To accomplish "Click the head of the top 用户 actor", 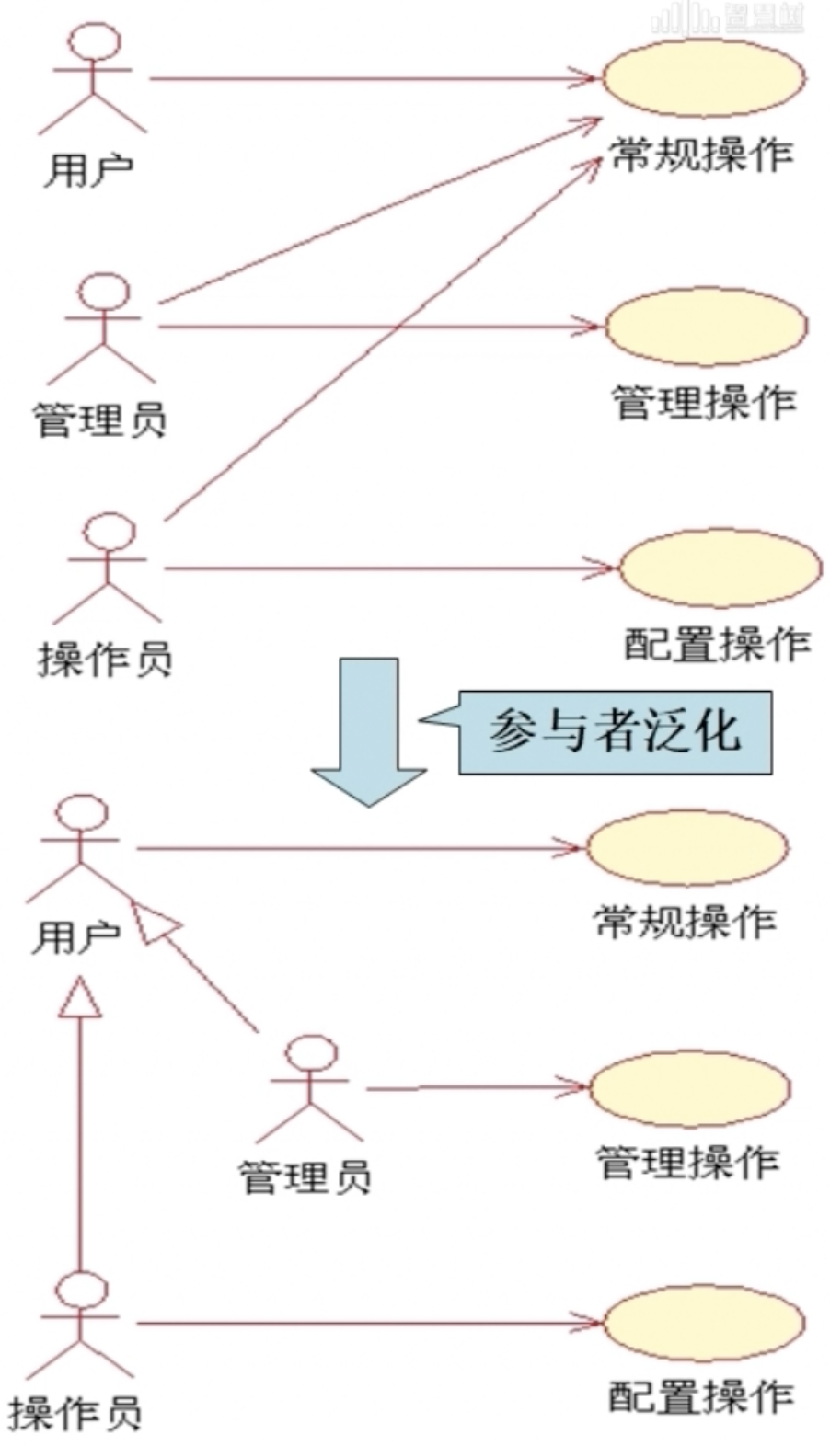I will (95, 41).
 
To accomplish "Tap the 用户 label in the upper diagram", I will (88, 170).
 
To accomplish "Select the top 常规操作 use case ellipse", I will (704, 78).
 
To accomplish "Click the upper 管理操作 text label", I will (704, 403).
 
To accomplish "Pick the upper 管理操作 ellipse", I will (707, 327).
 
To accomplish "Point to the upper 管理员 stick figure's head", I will (102, 292).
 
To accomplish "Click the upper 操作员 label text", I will (105, 660).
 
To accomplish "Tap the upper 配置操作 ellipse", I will (720, 568).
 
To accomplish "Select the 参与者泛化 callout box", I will (615, 732).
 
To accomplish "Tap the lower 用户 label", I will (75, 938).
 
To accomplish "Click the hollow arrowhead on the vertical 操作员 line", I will (80, 997).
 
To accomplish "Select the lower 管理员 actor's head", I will (312, 1053).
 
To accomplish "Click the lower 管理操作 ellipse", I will (689, 1088).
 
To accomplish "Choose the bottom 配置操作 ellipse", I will (704, 1323).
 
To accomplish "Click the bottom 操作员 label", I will (75, 1413).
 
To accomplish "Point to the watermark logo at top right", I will (727, 18).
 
